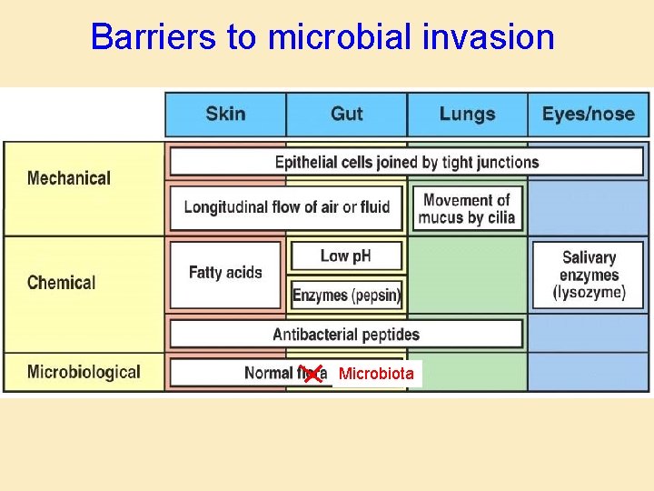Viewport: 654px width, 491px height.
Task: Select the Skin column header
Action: pos(225,114)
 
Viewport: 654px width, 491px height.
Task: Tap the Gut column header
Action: pos(346,114)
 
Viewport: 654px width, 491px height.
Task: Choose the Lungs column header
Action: pos(467,114)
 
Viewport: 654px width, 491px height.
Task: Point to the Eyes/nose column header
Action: pos(588,114)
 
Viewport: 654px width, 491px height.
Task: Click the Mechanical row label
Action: pos(69,178)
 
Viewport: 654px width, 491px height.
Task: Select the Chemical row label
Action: pos(61,282)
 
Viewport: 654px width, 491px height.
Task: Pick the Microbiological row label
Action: pos(84,372)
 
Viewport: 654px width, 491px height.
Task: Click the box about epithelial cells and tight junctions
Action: pos(406,163)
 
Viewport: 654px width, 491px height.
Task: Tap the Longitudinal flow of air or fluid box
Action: pos(286,207)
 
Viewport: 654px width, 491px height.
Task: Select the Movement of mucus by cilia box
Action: pos(467,208)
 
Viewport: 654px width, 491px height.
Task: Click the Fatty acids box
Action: pos(225,273)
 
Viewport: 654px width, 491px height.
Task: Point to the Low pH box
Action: pos(346,256)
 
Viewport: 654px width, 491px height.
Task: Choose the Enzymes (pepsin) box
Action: pos(346,295)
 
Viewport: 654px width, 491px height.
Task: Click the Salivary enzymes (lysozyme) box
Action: pos(589,275)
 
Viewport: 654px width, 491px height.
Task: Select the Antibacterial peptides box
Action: pos(346,334)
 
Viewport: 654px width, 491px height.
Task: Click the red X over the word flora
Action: pos(312,373)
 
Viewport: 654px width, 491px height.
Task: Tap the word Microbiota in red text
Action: pos(376,374)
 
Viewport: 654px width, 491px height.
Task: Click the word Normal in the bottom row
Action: pos(268,373)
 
